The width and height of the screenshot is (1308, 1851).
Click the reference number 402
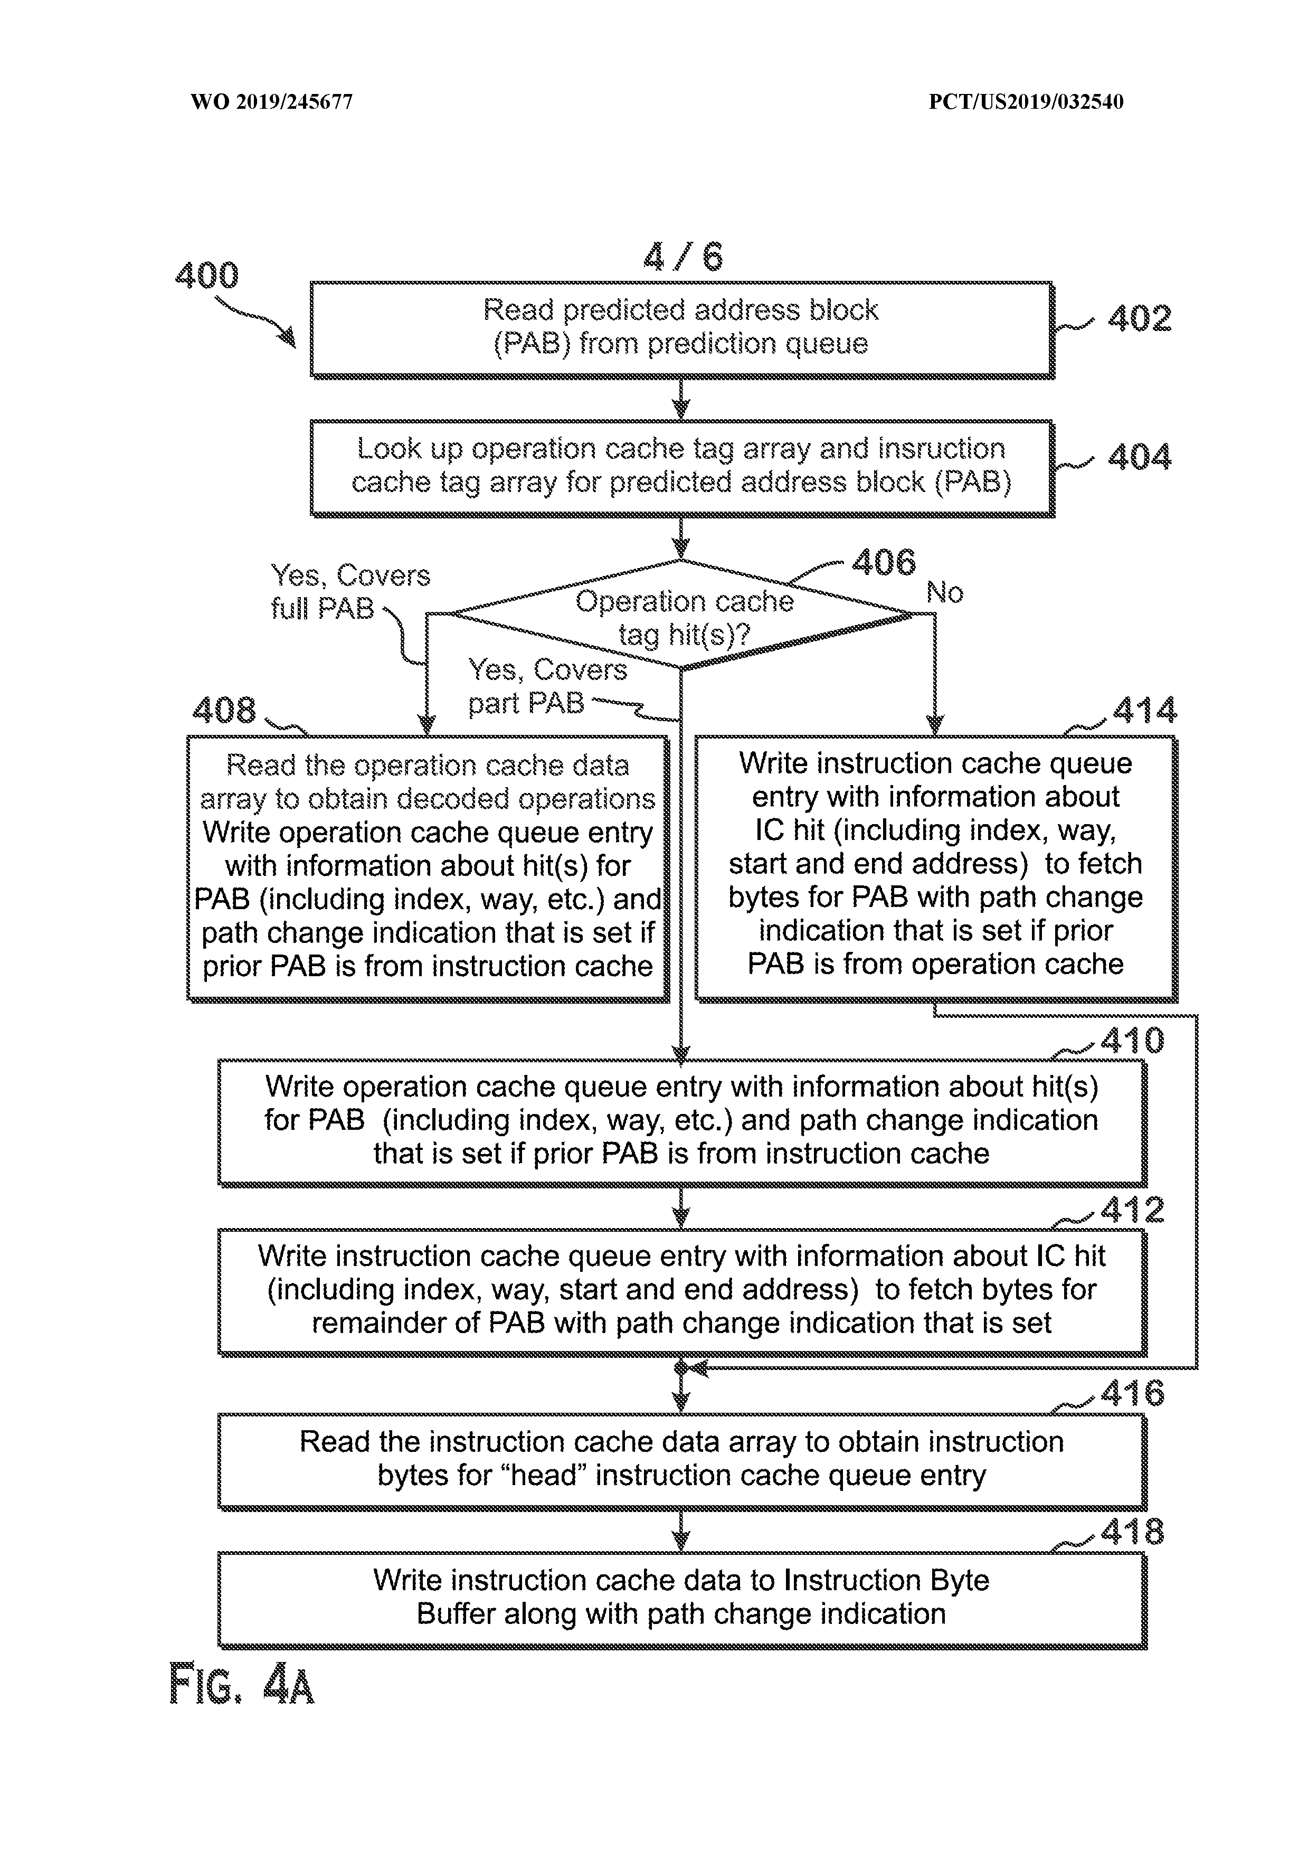click(1139, 318)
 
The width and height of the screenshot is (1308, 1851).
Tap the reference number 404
click(1139, 457)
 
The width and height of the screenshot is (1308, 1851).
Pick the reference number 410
click(1132, 1041)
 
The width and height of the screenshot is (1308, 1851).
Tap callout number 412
click(1132, 1210)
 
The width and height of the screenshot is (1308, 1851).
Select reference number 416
click(1132, 1394)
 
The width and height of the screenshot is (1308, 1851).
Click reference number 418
click(1132, 1532)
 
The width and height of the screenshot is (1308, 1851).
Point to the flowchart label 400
click(207, 276)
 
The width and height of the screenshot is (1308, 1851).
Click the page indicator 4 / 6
click(684, 257)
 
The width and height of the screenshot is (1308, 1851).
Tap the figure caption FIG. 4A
click(241, 1685)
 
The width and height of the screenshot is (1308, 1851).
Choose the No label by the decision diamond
click(944, 592)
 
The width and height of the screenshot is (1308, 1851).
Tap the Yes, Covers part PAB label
click(546, 686)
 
